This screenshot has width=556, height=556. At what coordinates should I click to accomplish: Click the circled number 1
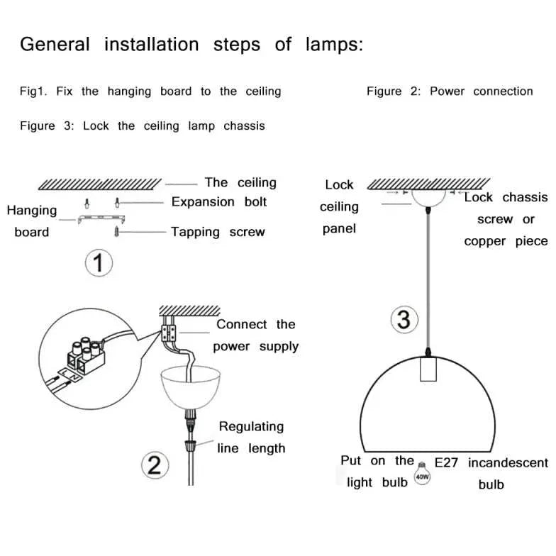pyautogui.click(x=99, y=265)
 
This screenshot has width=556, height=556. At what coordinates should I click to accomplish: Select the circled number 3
pyautogui.click(x=403, y=319)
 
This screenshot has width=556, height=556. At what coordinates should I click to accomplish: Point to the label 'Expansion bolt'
pyautogui.click(x=218, y=202)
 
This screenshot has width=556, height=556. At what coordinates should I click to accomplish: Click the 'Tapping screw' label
pyautogui.click(x=218, y=232)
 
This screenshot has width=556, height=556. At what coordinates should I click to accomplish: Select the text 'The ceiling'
pyautogui.click(x=240, y=183)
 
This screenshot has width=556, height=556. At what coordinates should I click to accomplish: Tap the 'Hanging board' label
pyautogui.click(x=32, y=221)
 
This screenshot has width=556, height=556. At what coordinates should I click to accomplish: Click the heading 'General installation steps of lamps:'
pyautogui.click(x=191, y=45)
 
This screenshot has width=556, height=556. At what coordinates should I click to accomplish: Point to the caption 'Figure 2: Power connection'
pyautogui.click(x=450, y=91)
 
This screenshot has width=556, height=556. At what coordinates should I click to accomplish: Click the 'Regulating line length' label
pyautogui.click(x=251, y=437)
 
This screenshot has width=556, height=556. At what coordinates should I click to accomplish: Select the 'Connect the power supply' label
pyautogui.click(x=255, y=335)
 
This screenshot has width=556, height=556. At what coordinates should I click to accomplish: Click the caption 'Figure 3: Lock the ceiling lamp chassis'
pyautogui.click(x=142, y=126)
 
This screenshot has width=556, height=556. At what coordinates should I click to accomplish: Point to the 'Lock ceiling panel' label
pyautogui.click(x=339, y=206)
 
